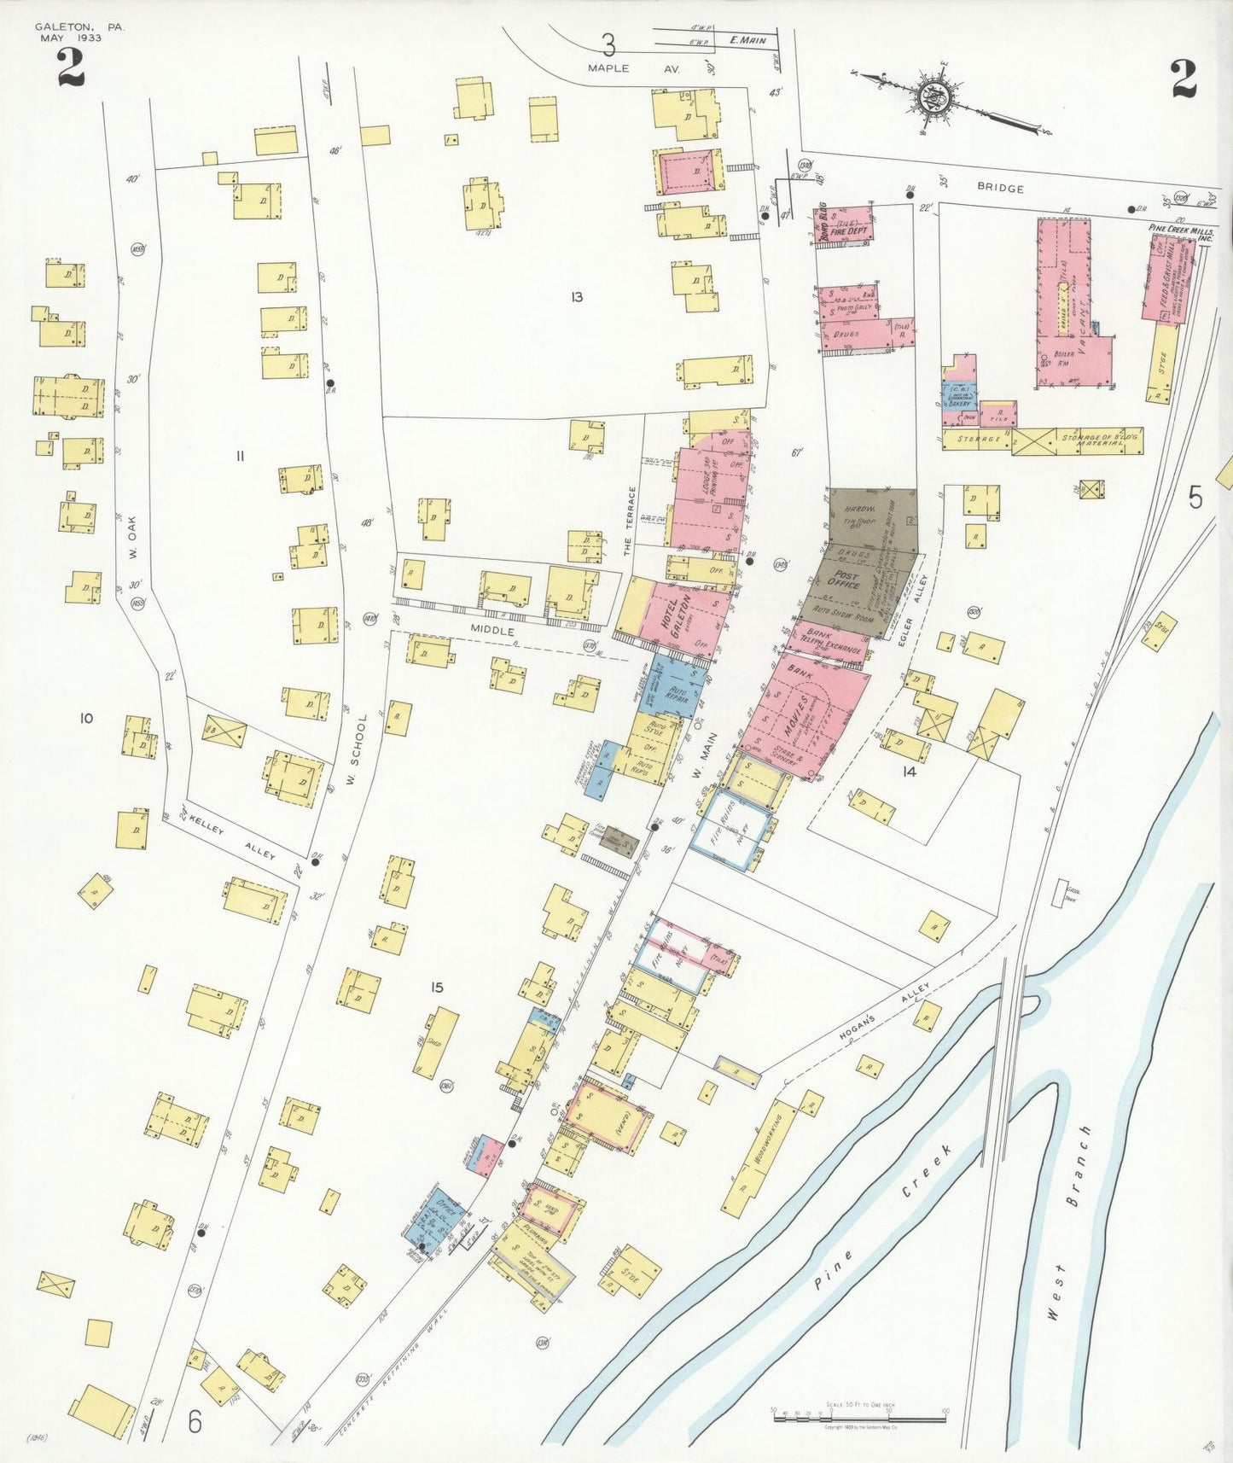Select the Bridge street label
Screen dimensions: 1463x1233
click(x=1000, y=188)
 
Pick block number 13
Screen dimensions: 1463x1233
click(x=577, y=297)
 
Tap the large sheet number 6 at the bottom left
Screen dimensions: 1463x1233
click(x=195, y=1423)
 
